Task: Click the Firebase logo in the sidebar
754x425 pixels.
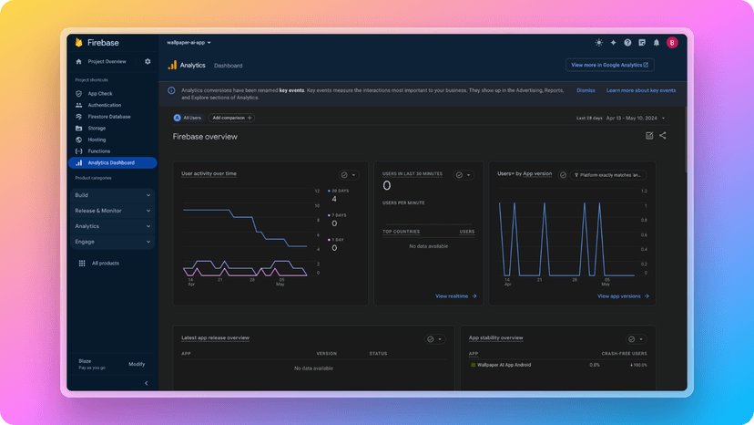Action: tap(79, 43)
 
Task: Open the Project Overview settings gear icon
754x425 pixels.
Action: tap(148, 61)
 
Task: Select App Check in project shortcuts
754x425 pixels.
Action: tap(99, 93)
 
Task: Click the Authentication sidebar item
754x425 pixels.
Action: tap(104, 105)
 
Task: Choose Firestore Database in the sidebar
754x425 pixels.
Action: tap(108, 117)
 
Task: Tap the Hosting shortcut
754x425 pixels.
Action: tap(97, 140)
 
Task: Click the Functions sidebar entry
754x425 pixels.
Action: tap(98, 150)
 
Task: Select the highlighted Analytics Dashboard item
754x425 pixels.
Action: tap(111, 162)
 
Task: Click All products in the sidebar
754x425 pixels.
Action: tap(105, 263)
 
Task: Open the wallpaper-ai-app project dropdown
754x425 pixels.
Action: tap(188, 42)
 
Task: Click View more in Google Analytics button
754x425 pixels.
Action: tap(609, 65)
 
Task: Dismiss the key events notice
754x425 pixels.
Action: tap(586, 90)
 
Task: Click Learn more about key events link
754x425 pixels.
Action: tap(641, 90)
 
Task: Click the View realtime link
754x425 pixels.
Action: tap(454, 295)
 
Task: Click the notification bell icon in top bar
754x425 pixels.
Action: tap(657, 42)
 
